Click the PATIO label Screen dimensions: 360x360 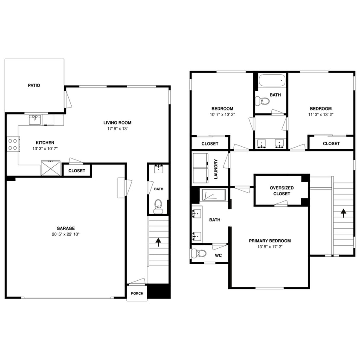click(34, 85)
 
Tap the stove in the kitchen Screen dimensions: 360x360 click(13, 144)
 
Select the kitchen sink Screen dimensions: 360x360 click(35, 120)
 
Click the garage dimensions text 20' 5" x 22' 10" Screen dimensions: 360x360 click(66, 234)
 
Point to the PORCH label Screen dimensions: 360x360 click(137, 293)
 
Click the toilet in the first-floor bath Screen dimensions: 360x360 click(158, 205)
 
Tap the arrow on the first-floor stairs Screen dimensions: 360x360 click(158, 242)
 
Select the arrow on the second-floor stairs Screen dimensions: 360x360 click(343, 212)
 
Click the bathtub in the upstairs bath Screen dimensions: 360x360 click(271, 80)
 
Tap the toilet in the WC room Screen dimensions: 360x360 click(197, 253)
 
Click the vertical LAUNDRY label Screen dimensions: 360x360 click(216, 169)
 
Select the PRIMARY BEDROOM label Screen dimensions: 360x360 click(270, 241)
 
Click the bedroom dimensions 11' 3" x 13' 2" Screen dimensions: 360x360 click(320, 114)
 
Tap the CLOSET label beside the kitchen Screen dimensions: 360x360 click(77, 171)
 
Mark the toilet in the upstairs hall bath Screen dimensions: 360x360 click(262, 102)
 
